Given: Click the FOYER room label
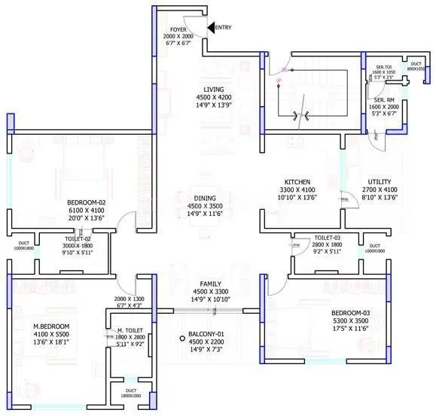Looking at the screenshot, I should tap(178, 29).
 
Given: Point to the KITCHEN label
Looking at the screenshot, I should tap(297, 182).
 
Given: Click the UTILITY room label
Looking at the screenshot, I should tap(380, 182).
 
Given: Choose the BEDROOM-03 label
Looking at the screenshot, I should tap(351, 313).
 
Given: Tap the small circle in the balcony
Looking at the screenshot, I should tap(181, 339).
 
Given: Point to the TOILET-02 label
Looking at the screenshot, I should tap(78, 238).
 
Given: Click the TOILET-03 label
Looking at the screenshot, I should tap(328, 236).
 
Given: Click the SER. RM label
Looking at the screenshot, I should tap(384, 99).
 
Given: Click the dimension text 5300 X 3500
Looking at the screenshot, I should tap(351, 320).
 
